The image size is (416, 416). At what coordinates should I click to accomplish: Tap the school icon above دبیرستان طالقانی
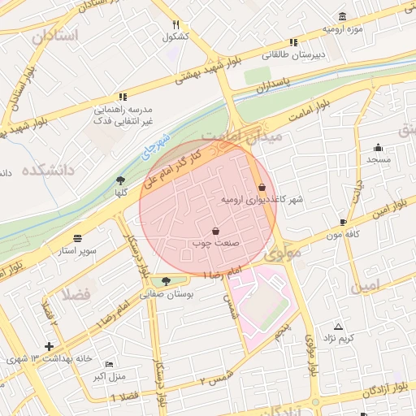tap(294, 42)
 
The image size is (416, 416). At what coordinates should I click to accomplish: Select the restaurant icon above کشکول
tap(175, 24)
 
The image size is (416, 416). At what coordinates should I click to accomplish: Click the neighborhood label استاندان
tap(55, 36)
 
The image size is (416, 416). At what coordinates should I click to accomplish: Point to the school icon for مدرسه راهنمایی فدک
tap(122, 96)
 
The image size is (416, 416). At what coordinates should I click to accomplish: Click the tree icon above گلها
tap(121, 180)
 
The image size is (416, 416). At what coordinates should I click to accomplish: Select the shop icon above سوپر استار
tap(77, 238)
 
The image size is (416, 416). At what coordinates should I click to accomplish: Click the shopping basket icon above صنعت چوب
tap(215, 231)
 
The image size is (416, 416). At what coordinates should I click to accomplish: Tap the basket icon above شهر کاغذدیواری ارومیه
tap(261, 187)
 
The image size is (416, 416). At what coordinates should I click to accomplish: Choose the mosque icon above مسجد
tap(378, 147)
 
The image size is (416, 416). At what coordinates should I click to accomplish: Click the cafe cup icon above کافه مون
tap(343, 222)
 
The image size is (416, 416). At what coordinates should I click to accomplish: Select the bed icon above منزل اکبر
tap(110, 365)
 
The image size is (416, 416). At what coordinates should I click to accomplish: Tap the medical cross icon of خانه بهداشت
tap(50, 346)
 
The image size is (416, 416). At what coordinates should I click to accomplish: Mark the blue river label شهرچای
tap(157, 145)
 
